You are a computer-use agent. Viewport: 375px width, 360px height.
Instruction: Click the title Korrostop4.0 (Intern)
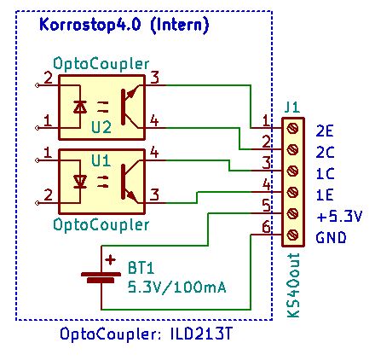pos(124,26)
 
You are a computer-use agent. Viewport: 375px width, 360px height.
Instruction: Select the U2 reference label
pos(101,125)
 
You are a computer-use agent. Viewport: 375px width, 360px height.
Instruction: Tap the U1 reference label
pos(101,160)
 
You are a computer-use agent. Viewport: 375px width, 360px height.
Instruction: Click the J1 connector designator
pos(291,107)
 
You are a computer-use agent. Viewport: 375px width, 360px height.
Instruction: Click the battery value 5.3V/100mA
pos(176,286)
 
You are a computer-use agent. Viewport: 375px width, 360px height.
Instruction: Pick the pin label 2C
pos(324,152)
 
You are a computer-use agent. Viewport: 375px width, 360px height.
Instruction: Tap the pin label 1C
pos(324,173)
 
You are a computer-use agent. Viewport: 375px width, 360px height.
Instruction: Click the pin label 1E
pos(324,195)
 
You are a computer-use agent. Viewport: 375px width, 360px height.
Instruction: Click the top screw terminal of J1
pos(292,127)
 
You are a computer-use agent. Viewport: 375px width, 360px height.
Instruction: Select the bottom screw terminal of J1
pos(292,235)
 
